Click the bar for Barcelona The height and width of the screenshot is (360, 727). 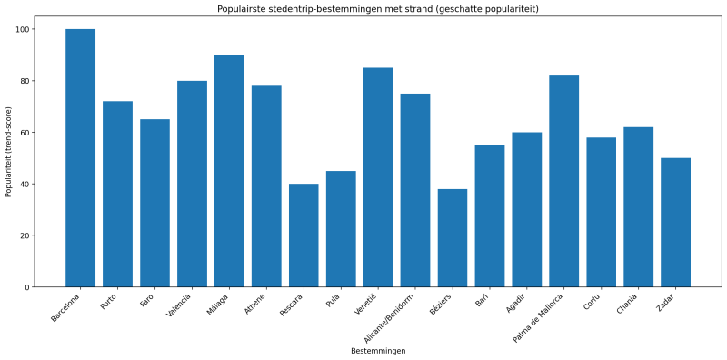(80, 158)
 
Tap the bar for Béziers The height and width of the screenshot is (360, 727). (452, 238)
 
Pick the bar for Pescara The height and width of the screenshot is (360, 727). (304, 235)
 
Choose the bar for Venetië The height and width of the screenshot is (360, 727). (378, 177)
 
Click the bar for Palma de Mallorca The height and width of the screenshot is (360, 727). (563, 181)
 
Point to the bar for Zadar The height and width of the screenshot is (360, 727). (675, 223)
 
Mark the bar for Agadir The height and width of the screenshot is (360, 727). (526, 210)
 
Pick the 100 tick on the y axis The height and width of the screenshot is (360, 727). (23, 29)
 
